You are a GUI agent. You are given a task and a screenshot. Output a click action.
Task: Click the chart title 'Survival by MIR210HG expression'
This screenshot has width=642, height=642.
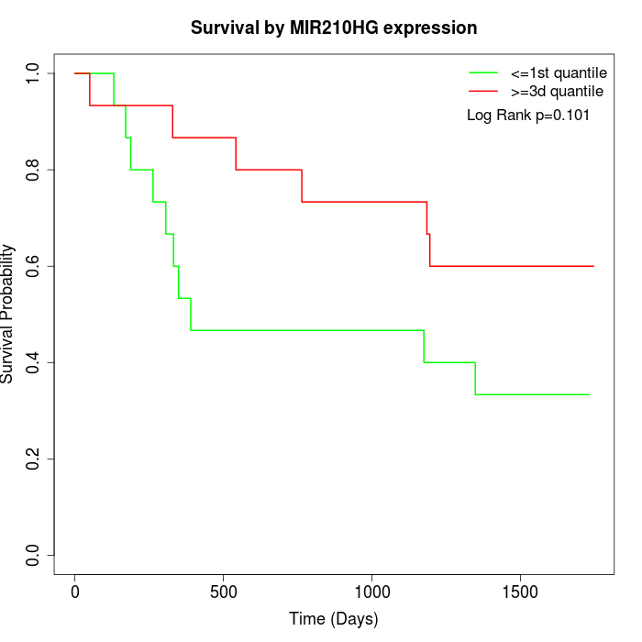point(334,28)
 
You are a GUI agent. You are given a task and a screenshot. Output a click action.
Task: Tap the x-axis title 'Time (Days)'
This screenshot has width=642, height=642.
point(334,619)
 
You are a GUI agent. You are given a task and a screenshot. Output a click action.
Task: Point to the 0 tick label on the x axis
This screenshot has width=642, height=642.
point(75,592)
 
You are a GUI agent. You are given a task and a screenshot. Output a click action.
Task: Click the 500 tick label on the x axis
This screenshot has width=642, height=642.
point(224,592)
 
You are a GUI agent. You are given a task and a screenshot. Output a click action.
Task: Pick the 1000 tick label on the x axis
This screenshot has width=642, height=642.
point(372,592)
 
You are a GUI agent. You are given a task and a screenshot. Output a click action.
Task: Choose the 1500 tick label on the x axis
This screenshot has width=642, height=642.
point(521,592)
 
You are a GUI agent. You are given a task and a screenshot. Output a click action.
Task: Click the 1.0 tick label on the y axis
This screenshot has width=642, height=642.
point(34,73)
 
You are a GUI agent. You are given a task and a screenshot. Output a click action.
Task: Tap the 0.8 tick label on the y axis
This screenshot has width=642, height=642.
point(34,170)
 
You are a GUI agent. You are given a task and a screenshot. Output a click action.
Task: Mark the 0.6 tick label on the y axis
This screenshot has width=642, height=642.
point(34,266)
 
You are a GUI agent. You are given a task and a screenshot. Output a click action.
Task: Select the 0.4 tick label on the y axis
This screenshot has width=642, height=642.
point(34,362)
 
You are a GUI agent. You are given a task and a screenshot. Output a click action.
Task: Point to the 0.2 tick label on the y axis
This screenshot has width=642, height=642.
point(34,459)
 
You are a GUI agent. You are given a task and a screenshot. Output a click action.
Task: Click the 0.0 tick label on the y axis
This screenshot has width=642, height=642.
point(34,555)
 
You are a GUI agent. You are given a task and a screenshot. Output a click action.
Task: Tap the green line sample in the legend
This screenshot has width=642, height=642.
point(483,72)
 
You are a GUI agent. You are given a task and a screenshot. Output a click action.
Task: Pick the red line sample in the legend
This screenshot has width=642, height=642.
point(483,92)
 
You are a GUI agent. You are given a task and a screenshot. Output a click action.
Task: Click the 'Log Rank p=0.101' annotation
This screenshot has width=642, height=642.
point(528,116)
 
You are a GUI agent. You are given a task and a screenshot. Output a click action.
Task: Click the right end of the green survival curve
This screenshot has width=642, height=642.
point(589,394)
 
